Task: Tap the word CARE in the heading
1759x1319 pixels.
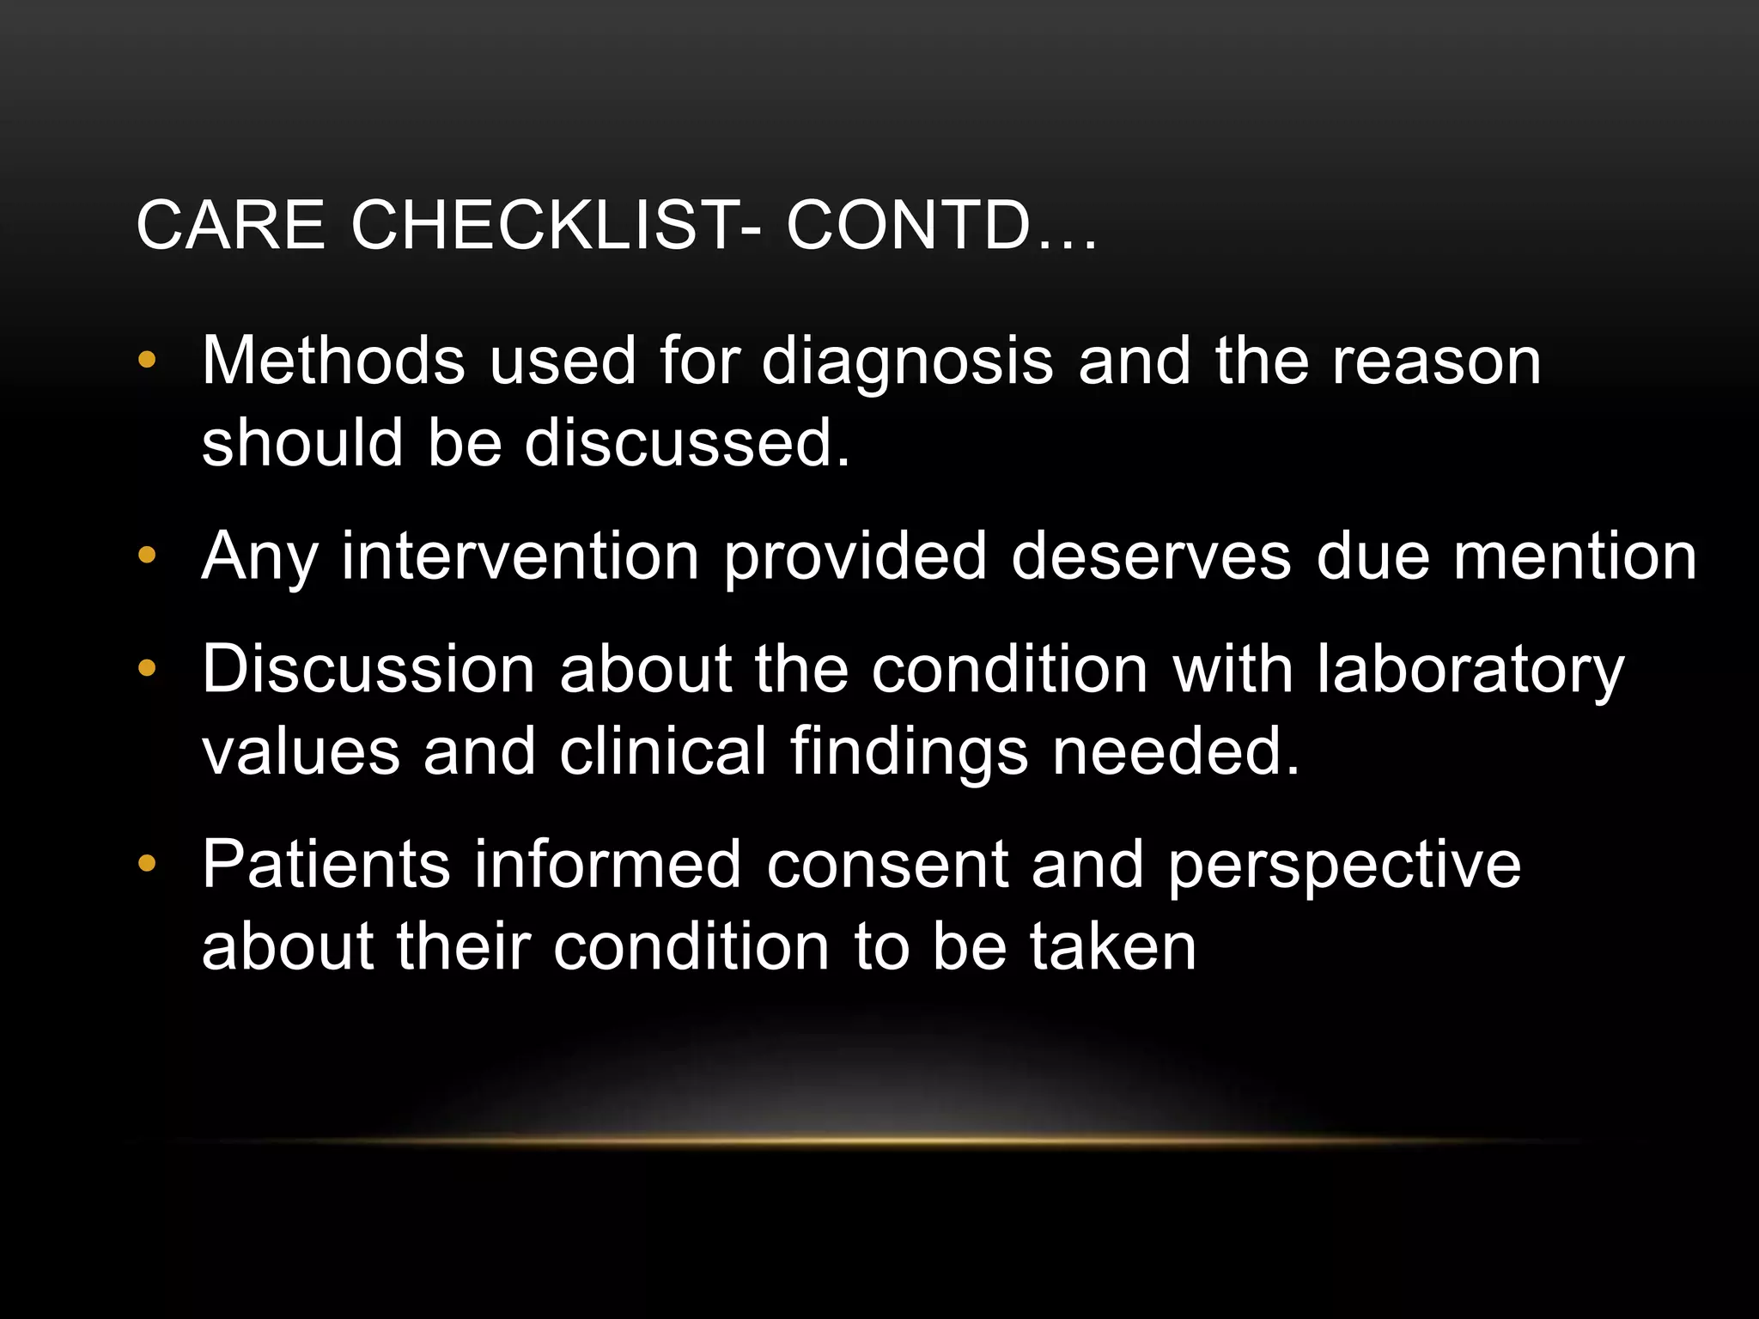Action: coord(230,226)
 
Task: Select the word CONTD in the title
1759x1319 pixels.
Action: coord(909,226)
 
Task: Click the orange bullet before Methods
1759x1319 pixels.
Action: coord(147,361)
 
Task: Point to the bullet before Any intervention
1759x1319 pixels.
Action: coord(147,556)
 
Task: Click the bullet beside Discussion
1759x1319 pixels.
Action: coord(147,667)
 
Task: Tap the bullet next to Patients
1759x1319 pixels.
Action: coord(147,863)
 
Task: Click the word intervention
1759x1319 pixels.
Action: coord(520,556)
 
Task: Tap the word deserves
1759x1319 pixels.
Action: coord(1151,556)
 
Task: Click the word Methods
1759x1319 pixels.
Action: coord(334,361)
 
